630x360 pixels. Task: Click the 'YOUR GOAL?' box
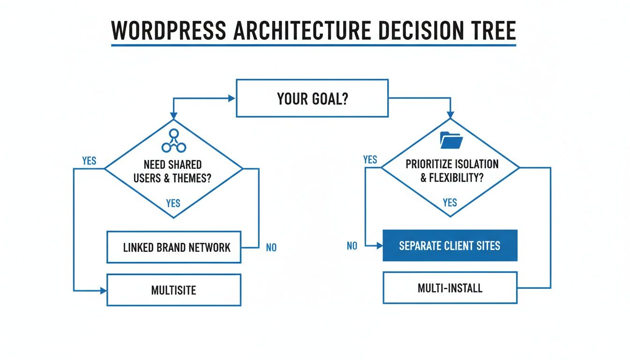pos(312,98)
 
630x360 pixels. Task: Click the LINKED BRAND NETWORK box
pos(174,247)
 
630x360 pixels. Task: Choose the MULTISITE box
pos(174,290)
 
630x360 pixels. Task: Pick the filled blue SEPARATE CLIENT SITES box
pos(450,246)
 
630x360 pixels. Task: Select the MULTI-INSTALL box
pos(450,287)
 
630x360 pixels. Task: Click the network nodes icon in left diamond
pos(173,141)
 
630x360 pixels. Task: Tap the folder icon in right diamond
pos(451,139)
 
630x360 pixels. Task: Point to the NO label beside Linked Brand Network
pos(271,247)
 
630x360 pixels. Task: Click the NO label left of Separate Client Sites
pos(352,246)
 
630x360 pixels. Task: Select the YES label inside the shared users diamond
pos(173,203)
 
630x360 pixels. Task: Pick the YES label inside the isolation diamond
pos(450,202)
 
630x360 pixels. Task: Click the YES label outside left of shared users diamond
pos(89,161)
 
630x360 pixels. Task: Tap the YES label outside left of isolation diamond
pos(370,160)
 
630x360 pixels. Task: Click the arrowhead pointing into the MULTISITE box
pos(104,291)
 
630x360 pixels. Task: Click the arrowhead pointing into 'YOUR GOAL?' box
pos(232,98)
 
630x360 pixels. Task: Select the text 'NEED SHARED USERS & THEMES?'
pos(173,172)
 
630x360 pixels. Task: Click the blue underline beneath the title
pos(313,45)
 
